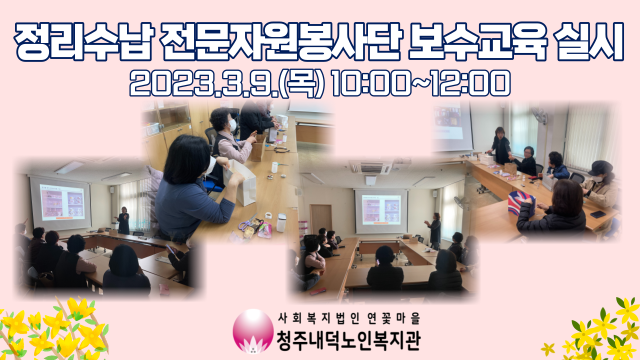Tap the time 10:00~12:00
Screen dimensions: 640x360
coord(420,83)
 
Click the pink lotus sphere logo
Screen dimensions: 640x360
coord(253,331)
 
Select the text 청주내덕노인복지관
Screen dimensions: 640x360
coord(348,340)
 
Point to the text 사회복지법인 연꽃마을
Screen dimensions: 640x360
coord(349,318)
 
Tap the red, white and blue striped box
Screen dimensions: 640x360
coord(521,203)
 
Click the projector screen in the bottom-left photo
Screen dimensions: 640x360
coord(60,203)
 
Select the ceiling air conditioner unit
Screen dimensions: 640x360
coord(371,167)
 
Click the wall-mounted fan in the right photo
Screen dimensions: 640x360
coord(539,115)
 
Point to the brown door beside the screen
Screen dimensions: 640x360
coord(321,219)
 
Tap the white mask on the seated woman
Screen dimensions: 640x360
coord(232,125)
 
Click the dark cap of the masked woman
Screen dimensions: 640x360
coord(601,167)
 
